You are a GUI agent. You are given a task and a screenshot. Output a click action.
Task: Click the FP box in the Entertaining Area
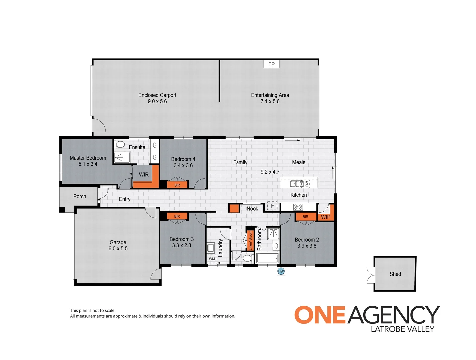271,64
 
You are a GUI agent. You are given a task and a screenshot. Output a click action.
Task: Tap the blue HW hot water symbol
281,271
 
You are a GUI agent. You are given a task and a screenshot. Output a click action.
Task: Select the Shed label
395,274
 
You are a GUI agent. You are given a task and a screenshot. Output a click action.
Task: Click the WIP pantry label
325,217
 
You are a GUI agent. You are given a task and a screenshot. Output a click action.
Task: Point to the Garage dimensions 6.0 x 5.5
118,249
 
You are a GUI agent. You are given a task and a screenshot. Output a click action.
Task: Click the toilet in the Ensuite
119,145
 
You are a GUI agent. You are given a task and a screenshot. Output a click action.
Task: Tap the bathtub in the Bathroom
267,258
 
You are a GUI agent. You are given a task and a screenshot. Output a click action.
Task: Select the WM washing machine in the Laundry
212,259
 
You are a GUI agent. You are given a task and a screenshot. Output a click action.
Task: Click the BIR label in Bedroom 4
177,185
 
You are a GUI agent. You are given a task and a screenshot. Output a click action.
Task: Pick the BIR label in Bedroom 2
305,217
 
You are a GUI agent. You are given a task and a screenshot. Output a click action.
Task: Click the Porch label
80,196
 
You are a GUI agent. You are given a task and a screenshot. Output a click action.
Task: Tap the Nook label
252,209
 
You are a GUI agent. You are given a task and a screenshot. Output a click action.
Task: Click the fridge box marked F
272,206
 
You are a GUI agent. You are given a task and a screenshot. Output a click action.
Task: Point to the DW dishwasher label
307,184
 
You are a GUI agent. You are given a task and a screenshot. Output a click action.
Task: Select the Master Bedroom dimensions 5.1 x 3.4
88,164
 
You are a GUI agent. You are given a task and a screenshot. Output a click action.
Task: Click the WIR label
144,175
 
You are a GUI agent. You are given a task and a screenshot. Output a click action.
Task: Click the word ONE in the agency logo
320,315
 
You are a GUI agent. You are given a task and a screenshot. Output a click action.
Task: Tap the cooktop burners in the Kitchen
298,207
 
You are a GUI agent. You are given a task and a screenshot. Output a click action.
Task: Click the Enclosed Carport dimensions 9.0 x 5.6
157,101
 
